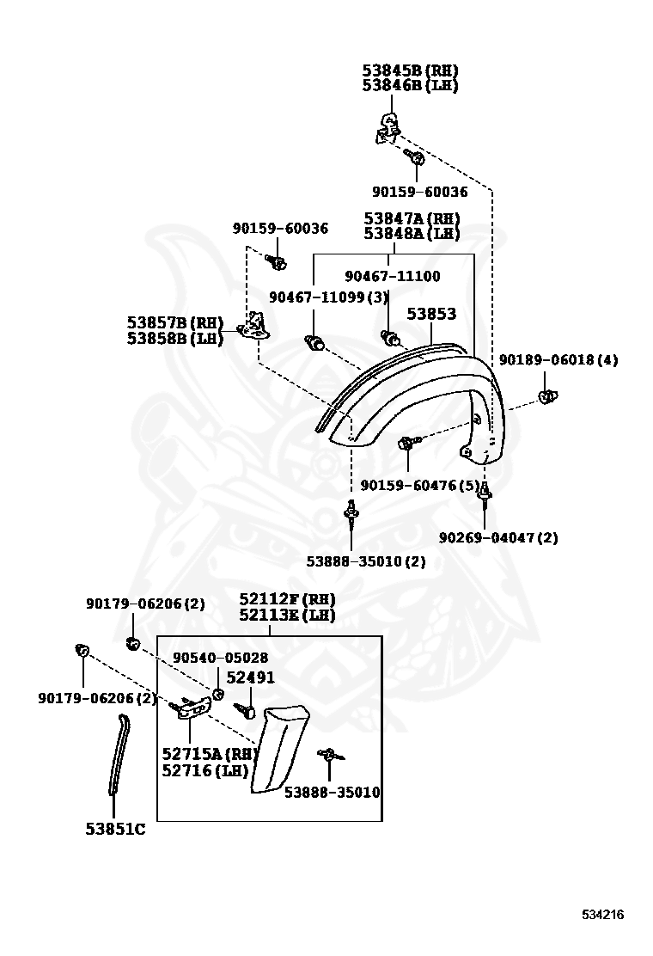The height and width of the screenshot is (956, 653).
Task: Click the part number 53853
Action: (x=431, y=314)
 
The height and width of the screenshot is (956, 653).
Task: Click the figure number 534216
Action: (x=602, y=915)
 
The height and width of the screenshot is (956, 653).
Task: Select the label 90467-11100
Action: (x=393, y=276)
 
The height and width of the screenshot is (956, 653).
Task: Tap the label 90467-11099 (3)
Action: (x=329, y=297)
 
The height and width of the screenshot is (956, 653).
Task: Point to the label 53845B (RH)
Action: (x=411, y=70)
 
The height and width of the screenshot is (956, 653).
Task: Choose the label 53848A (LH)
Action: (x=412, y=234)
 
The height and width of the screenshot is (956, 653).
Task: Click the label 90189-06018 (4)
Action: (x=558, y=360)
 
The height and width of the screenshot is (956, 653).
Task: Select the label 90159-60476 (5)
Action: (x=420, y=486)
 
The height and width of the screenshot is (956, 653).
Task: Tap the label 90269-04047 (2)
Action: (x=498, y=538)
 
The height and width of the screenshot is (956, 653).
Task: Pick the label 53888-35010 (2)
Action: (x=366, y=561)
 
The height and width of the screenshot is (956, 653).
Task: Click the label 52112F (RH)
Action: (x=288, y=600)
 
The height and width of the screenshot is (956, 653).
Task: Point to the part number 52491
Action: (x=251, y=677)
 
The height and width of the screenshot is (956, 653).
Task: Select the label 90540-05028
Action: (x=221, y=658)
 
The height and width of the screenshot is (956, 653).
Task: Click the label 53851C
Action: (x=116, y=830)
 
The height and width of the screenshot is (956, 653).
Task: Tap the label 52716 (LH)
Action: (x=205, y=771)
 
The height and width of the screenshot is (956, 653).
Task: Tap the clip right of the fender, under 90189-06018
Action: (x=548, y=396)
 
